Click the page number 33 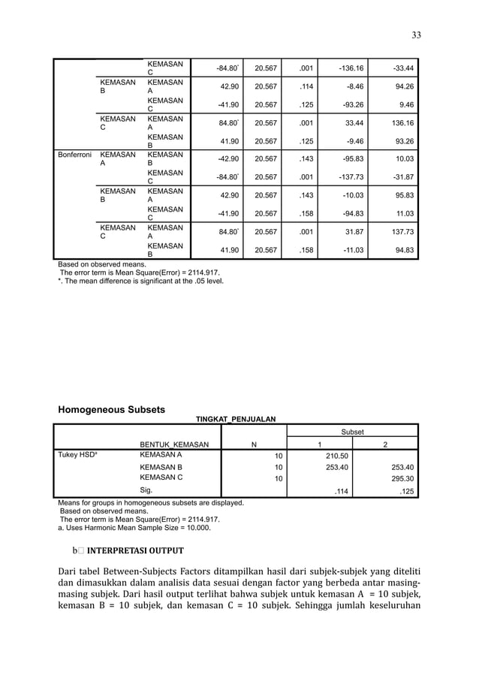pos(416,35)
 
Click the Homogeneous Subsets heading pos(111,409)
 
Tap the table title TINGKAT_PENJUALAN pos(236,419)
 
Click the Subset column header pos(352,432)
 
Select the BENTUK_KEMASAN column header pos(174,444)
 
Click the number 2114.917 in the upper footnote pos(200,273)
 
